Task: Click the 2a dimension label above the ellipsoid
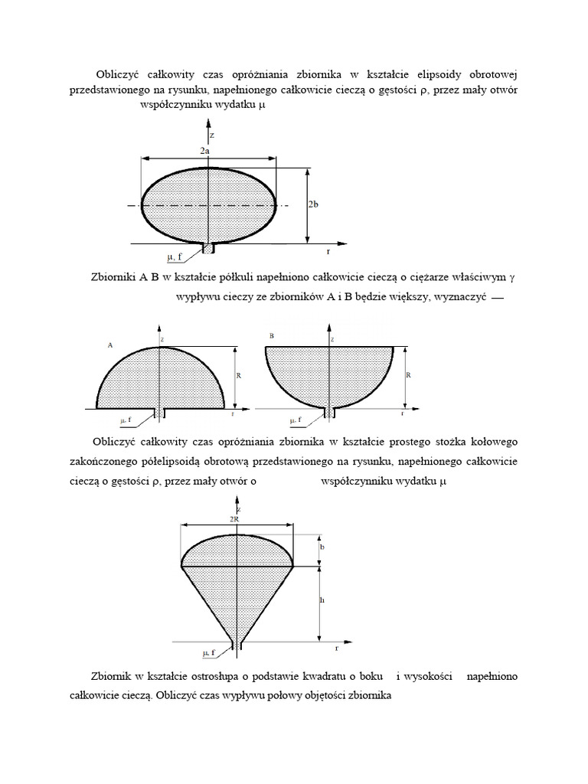(x=204, y=152)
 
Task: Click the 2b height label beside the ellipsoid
(x=314, y=204)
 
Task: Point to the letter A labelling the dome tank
(x=110, y=345)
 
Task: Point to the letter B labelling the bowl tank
(x=272, y=336)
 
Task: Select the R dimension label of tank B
(x=409, y=376)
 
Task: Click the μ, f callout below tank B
(x=295, y=420)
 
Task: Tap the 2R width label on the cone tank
(x=234, y=518)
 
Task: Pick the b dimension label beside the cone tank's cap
(x=322, y=547)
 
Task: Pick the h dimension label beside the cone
(x=322, y=601)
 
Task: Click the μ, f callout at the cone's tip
(x=209, y=652)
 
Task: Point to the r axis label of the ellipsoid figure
(x=328, y=250)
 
